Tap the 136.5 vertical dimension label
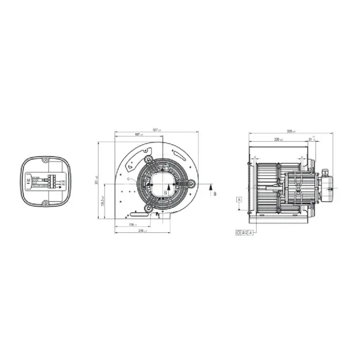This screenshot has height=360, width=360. pos(103,201)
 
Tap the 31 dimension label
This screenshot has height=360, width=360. pos(311,139)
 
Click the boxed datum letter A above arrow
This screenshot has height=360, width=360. pos(239,199)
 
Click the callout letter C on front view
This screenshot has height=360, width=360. pos(128,179)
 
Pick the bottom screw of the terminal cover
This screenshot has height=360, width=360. pos(45,203)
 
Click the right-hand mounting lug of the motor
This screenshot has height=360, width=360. pos(192,183)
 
